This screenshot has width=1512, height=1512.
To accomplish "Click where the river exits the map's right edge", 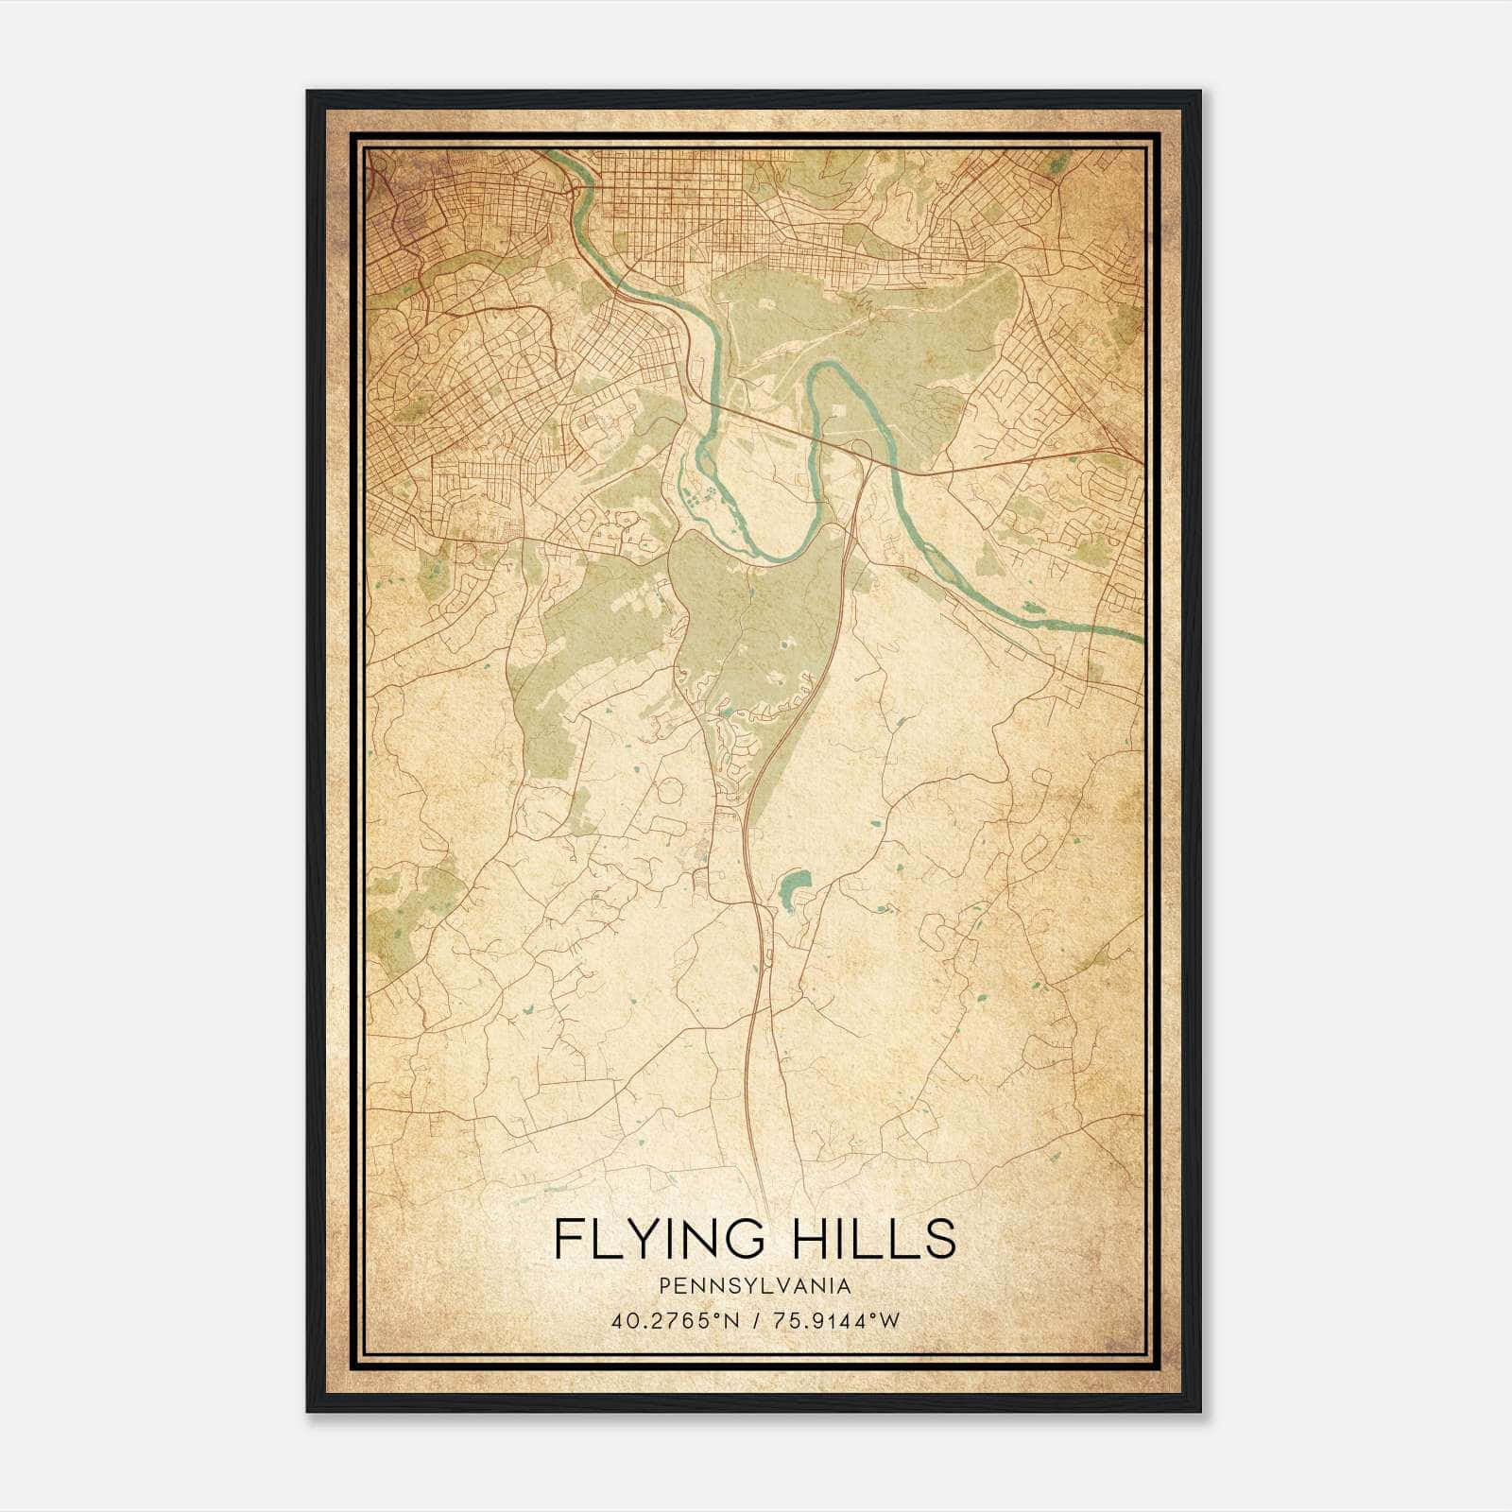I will (1139, 638).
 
